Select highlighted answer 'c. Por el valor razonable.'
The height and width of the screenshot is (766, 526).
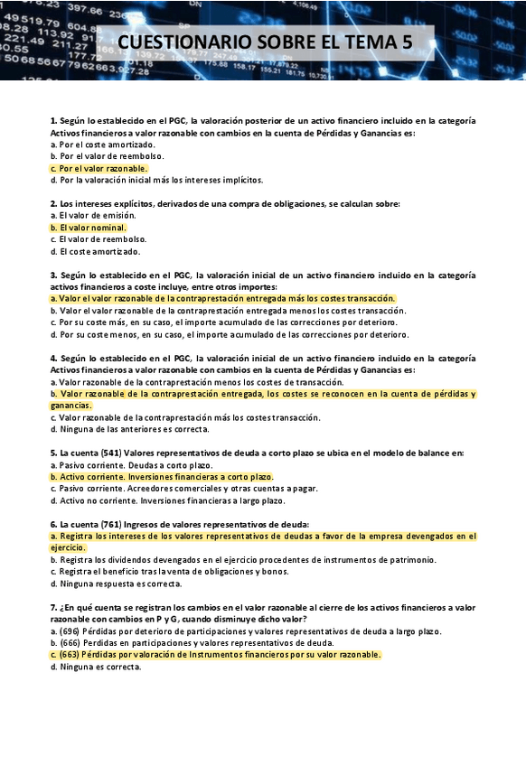coord(99,168)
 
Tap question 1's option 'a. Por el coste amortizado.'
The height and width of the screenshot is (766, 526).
coord(103,145)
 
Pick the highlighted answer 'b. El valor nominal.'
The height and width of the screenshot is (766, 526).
coord(89,228)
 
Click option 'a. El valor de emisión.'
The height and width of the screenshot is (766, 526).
coord(93,216)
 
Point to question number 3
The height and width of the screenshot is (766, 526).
coord(53,275)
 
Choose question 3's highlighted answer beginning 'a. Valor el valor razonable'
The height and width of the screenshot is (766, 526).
coord(223,298)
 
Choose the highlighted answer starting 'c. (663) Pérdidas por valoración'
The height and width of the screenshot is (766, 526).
coord(216,655)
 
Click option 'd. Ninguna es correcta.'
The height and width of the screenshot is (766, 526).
coord(96,667)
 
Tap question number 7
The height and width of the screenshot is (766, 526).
coord(53,607)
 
